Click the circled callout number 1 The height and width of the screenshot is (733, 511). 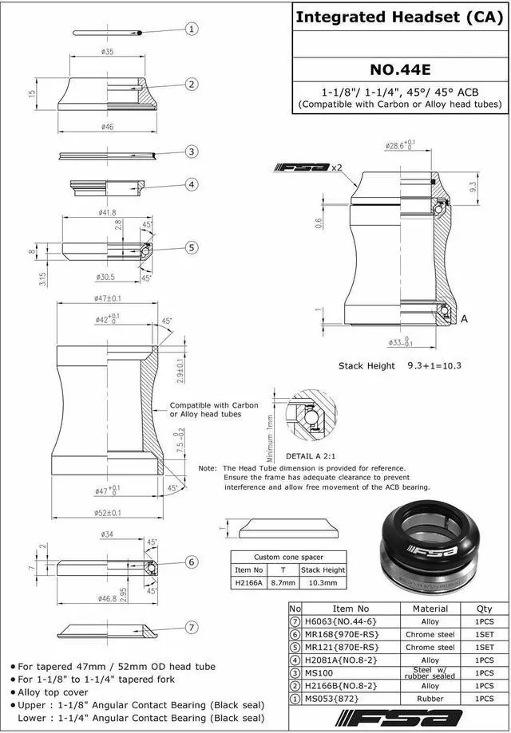pos(192,30)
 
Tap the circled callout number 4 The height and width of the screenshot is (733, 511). pos(192,184)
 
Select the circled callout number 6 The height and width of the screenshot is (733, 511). pos(192,562)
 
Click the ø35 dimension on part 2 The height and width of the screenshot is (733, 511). pos(109,51)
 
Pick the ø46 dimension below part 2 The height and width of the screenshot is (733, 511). pos(109,127)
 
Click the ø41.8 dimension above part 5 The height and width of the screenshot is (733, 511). pos(108,213)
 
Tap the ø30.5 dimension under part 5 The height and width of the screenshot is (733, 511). pos(107,277)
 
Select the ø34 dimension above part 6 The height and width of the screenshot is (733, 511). pos(106,534)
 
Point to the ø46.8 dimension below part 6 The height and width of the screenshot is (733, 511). pos(107,597)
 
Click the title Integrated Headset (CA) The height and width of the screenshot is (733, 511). pos(400,17)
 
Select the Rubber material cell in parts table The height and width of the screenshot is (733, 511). pos(430,698)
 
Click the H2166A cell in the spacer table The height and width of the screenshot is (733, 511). pos(248,582)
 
